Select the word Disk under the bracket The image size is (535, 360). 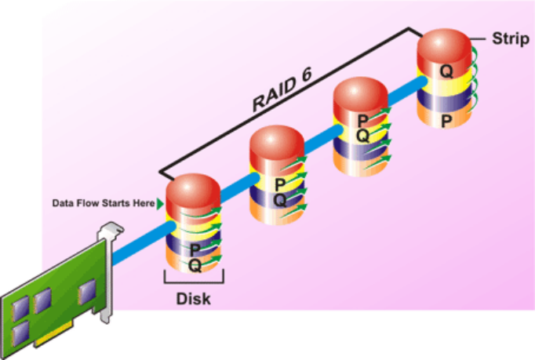click(x=194, y=299)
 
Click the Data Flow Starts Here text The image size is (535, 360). click(x=103, y=203)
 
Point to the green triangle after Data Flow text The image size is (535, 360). click(x=160, y=203)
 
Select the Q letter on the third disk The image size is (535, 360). click(x=362, y=135)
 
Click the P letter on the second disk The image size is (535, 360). click(x=278, y=185)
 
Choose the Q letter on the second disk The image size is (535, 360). click(x=278, y=200)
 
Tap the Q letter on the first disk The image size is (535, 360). click(x=195, y=265)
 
